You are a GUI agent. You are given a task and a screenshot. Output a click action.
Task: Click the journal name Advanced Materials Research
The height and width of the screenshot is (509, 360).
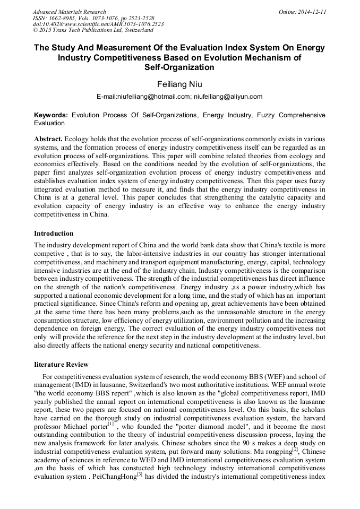coord(69,12)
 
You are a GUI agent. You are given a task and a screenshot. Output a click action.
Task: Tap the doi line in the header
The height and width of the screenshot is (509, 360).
coord(98,24)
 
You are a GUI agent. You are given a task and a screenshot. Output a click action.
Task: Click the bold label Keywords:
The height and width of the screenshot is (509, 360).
coord(51,115)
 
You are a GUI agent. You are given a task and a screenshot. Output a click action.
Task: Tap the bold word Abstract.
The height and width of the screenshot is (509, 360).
coord(48,138)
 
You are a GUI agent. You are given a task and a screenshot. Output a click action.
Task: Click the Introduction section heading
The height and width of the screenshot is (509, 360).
coord(54,234)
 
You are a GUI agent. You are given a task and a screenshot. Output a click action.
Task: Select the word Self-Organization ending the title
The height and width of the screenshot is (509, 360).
coord(179,67)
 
